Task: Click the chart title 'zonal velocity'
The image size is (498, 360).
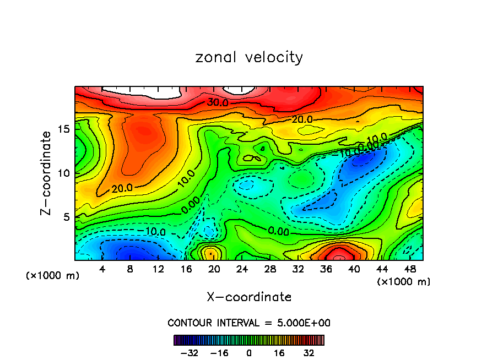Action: coord(249,57)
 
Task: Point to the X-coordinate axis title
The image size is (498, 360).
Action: coord(249,297)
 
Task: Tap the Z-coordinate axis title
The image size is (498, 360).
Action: coord(47,173)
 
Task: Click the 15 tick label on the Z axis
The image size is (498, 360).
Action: coord(64,128)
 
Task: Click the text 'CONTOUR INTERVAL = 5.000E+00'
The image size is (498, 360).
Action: coord(249,323)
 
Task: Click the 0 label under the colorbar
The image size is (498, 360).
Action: coord(249,353)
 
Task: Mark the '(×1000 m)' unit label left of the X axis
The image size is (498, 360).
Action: coord(53,275)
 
